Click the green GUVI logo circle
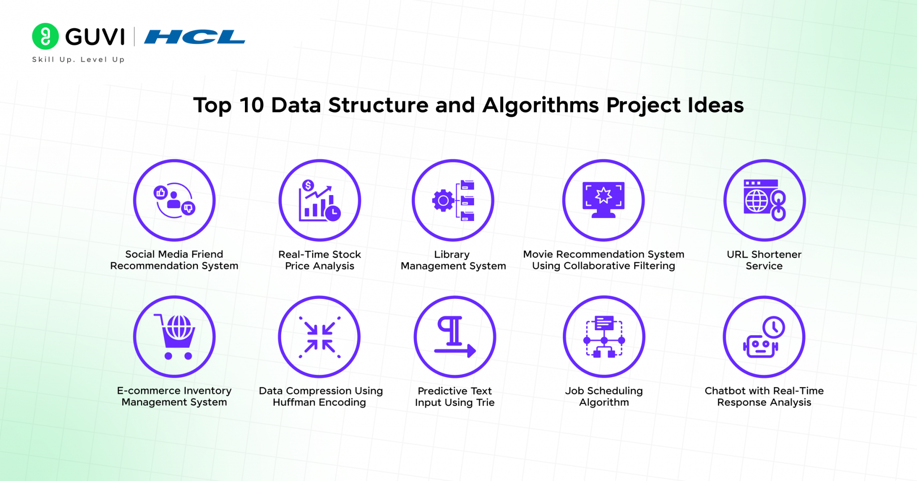click(45, 36)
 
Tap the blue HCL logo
click(195, 37)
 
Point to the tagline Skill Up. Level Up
click(78, 60)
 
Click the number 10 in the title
click(252, 106)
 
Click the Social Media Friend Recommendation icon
click(174, 200)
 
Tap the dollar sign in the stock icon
click(308, 185)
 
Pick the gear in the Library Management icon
click(443, 200)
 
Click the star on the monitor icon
click(604, 195)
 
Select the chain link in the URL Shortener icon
click(779, 206)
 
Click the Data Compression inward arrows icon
click(319, 337)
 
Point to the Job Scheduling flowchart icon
click(604, 336)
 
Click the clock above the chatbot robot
click(774, 328)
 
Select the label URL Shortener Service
click(764, 260)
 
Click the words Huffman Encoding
click(319, 402)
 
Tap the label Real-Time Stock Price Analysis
click(320, 260)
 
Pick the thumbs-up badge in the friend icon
click(160, 193)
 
